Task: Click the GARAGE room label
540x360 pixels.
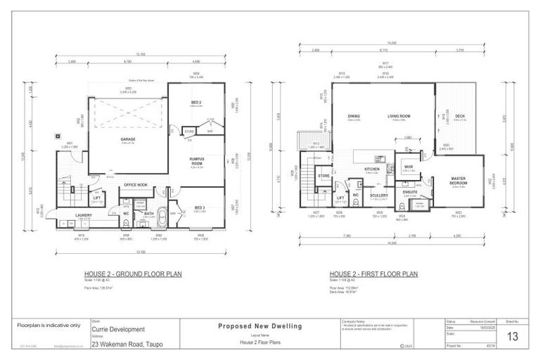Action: tap(128, 139)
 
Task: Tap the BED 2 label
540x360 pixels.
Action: tap(196, 103)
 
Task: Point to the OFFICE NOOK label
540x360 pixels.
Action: tap(135, 184)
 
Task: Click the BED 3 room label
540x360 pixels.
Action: tap(200, 207)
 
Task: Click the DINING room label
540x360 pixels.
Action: tap(354, 116)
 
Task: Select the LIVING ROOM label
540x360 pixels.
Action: tap(399, 116)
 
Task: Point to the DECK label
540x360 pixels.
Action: tap(460, 117)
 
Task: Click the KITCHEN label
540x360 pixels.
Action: tap(372, 169)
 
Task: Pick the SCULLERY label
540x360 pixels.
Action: tap(378, 195)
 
